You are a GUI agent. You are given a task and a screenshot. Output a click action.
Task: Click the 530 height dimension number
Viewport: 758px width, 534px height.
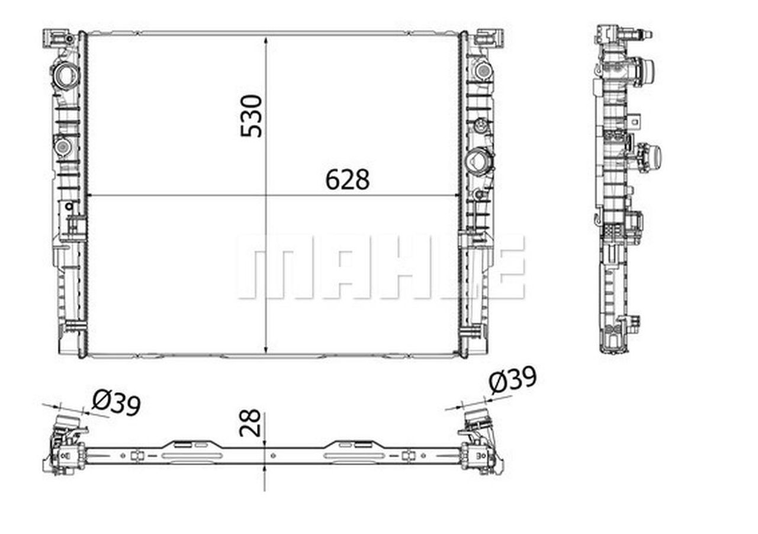(252, 116)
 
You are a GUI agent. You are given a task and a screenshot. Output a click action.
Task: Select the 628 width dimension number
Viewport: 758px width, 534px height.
(347, 180)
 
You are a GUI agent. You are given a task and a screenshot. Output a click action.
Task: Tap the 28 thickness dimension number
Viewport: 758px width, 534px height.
(250, 423)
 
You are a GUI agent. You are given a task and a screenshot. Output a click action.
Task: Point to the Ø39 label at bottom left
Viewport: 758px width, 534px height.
(116, 404)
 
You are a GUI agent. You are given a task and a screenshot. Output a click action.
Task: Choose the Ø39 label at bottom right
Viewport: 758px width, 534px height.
(513, 379)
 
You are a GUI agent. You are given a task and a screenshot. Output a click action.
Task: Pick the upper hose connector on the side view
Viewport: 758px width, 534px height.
(644, 71)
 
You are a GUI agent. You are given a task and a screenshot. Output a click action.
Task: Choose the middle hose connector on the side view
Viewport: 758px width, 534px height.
(650, 157)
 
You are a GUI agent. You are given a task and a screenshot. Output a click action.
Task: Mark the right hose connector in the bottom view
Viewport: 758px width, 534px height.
(476, 418)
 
